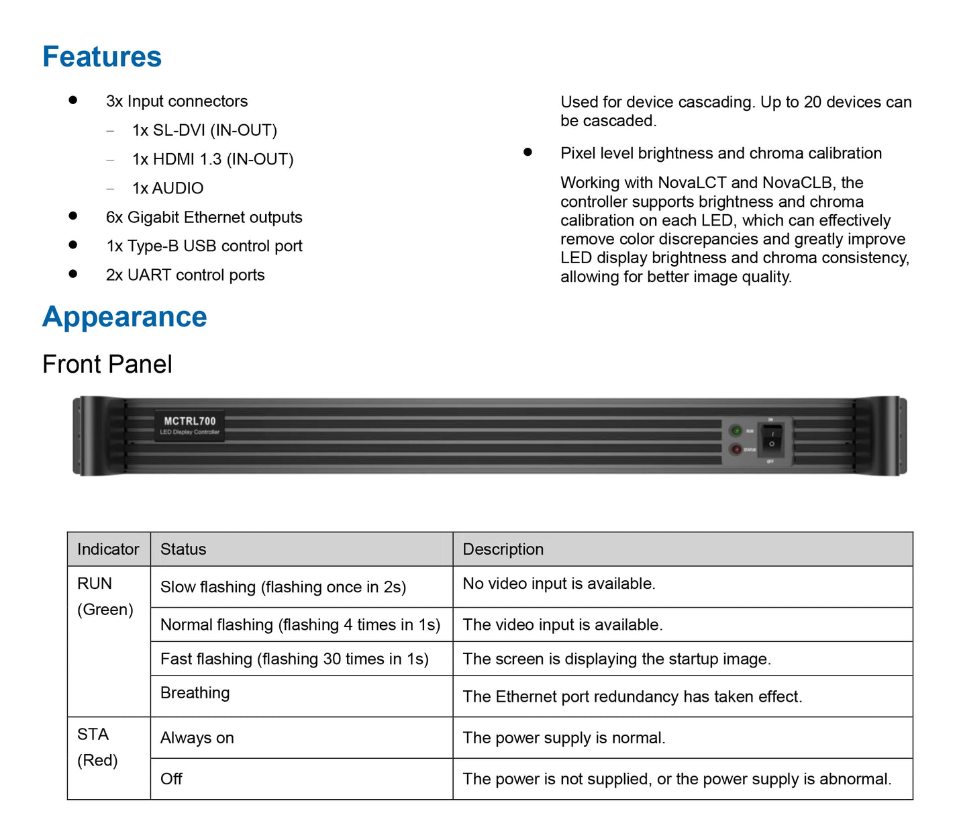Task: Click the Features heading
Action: click(102, 57)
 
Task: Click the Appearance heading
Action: click(125, 317)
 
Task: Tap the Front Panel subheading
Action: click(107, 365)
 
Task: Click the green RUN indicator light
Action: click(736, 430)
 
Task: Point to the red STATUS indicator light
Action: click(736, 449)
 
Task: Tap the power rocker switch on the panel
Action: click(772, 440)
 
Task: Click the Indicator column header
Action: click(108, 549)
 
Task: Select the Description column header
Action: click(503, 549)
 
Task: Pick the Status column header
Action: click(183, 549)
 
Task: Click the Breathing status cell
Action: click(195, 693)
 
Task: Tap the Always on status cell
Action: click(197, 738)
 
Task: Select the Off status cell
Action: click(172, 779)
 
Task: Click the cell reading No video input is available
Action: click(558, 584)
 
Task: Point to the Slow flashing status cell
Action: click(283, 588)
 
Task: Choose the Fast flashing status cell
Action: click(294, 659)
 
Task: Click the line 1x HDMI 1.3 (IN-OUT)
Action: click(213, 160)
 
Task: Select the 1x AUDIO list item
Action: click(168, 189)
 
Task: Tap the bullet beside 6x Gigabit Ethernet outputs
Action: click(73, 216)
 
